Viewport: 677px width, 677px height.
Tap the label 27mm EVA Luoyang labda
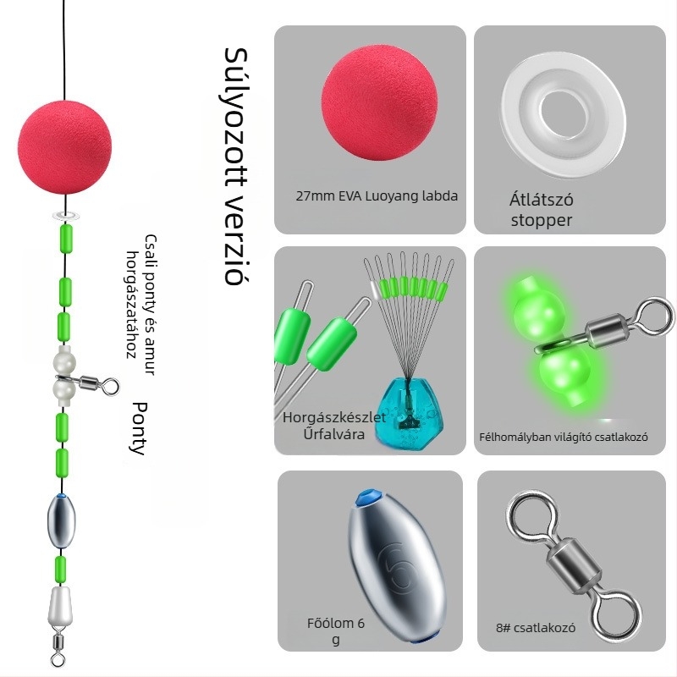(x=377, y=196)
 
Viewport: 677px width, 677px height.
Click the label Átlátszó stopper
(x=542, y=211)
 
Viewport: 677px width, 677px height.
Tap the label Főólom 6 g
(x=336, y=631)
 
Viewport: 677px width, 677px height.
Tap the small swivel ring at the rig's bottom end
(x=58, y=659)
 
